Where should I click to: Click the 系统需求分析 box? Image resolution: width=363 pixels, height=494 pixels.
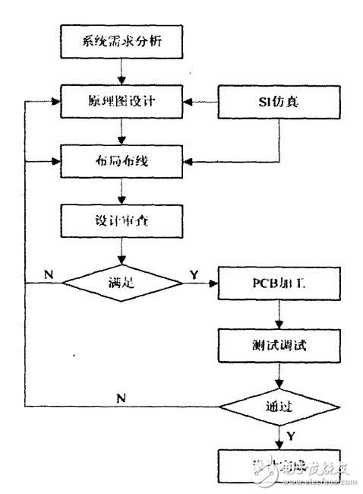(122, 43)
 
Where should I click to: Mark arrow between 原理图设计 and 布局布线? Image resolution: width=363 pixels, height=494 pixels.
(122, 132)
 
